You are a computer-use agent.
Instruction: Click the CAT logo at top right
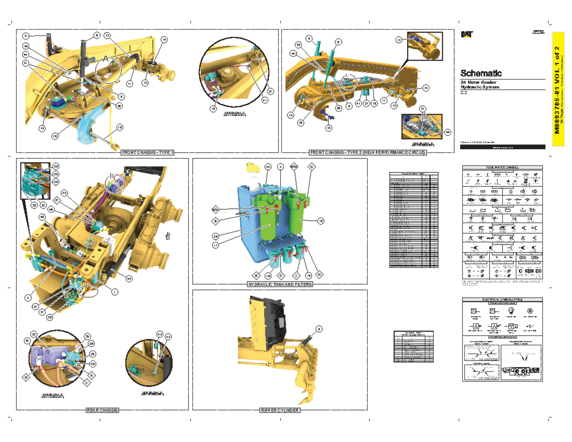click(x=466, y=33)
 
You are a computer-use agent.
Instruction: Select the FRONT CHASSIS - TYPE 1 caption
click(x=148, y=153)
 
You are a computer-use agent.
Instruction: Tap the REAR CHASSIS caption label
click(x=102, y=410)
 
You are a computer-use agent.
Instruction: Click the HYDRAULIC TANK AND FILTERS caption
click(x=279, y=284)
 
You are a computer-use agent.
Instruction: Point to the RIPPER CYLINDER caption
click(x=279, y=410)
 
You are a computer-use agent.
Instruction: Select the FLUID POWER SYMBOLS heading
click(x=503, y=167)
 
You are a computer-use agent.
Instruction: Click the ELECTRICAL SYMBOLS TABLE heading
click(x=503, y=299)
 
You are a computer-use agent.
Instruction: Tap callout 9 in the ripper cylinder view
click(x=319, y=328)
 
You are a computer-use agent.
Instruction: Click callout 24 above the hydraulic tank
click(x=268, y=166)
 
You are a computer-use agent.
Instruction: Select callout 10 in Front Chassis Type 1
click(x=120, y=127)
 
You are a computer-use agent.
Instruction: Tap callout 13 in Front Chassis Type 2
click(x=399, y=41)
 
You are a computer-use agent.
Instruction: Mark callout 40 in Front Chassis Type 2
click(x=448, y=132)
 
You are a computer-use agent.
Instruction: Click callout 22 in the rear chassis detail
click(x=34, y=334)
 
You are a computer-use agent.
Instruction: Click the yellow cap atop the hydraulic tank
click(x=251, y=167)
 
